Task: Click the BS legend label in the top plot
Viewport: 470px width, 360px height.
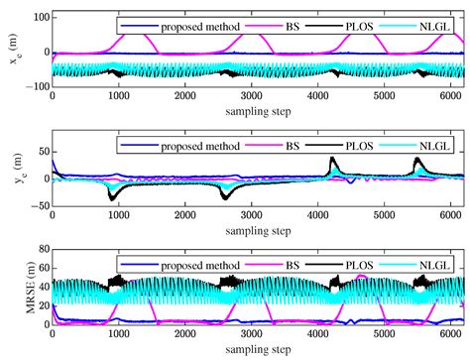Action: pos(293,26)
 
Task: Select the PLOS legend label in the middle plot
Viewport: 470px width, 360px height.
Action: pos(359,146)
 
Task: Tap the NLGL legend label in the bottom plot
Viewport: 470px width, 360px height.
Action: pos(434,265)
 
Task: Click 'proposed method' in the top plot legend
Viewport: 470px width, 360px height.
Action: pos(200,27)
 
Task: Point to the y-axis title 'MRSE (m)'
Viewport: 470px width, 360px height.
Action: pos(31,288)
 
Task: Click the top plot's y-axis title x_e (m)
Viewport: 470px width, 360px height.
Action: pos(15,49)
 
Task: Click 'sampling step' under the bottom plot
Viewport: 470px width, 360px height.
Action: pos(258,349)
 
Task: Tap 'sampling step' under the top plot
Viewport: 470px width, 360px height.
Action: pos(258,111)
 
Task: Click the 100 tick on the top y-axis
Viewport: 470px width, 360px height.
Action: pos(42,17)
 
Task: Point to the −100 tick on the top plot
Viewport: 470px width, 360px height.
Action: pos(38,86)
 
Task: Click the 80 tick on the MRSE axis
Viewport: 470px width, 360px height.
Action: pos(44,249)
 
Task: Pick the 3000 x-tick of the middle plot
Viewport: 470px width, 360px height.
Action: pos(251,215)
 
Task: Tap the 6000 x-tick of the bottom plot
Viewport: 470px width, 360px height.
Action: pos(450,334)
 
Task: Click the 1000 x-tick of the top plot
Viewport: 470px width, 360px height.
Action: pos(119,96)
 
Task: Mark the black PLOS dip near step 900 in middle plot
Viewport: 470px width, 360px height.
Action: pos(112,199)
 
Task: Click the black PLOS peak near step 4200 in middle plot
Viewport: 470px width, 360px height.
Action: pos(332,158)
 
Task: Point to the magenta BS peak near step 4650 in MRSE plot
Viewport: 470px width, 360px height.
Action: pos(362,276)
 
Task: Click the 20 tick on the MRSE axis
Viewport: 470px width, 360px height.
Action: pos(44,305)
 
